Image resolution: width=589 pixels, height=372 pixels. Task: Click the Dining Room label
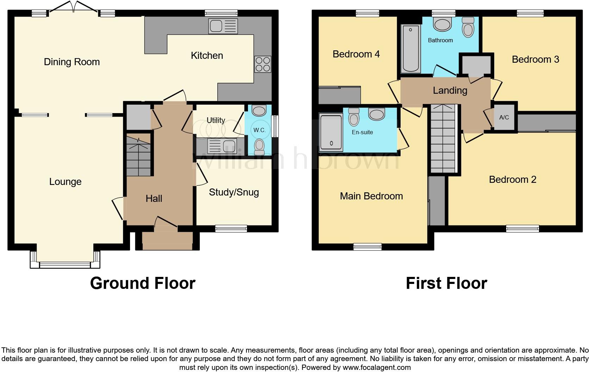tap(72, 62)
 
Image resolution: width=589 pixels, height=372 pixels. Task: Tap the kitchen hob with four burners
tap(263, 64)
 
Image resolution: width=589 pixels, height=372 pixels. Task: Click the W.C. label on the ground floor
tap(259, 130)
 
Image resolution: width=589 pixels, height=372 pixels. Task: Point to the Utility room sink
tap(222, 146)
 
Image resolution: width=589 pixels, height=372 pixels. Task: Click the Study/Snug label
tap(234, 192)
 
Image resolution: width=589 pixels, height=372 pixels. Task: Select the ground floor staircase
tap(139, 156)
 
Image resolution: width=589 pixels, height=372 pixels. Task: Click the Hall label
tap(154, 199)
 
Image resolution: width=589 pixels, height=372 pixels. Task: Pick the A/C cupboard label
tap(504, 117)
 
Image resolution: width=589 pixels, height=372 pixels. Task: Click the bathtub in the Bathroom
tap(411, 48)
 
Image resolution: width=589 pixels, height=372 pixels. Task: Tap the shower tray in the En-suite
tap(331, 132)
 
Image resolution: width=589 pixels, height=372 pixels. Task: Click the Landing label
tap(450, 91)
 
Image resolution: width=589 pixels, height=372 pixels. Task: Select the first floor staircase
tap(443, 139)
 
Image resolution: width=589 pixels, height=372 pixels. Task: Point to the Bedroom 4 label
tap(356, 54)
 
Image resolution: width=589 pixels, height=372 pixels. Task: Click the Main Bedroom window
tap(367, 247)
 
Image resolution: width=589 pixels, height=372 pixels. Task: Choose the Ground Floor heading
tap(143, 283)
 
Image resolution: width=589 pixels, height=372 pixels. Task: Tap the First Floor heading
tap(446, 283)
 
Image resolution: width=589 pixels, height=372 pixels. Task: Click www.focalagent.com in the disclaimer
tap(376, 367)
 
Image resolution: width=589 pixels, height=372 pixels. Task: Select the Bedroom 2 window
tap(522, 229)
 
